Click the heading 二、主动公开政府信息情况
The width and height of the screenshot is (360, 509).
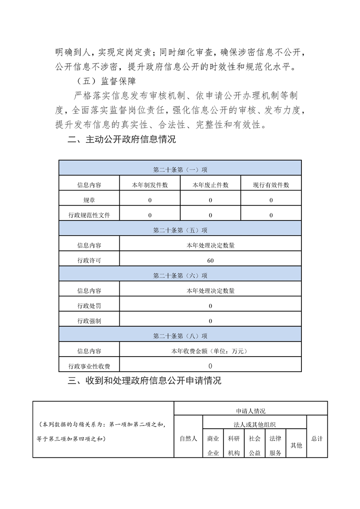pos(121,140)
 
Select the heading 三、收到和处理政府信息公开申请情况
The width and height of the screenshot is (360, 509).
pos(144,381)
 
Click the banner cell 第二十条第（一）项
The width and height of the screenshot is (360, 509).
pos(180,170)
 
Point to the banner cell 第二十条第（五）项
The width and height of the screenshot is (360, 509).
pos(180,230)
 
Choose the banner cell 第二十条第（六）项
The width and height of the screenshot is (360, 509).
pos(180,275)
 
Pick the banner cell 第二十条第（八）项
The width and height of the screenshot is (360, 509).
pos(180,336)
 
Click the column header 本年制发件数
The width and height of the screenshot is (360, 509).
pos(150,185)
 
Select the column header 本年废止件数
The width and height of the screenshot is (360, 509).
pos(210,185)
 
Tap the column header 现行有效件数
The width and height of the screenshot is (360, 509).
pos(271,185)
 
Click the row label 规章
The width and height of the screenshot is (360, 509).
pos(89,200)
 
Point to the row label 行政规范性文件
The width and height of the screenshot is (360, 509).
pos(89,215)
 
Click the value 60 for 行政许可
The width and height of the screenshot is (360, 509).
pos(210,260)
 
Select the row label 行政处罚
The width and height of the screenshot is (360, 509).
pos(89,306)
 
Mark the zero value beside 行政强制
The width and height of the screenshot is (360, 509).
pos(210,321)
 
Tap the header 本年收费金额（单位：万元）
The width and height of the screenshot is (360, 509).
pos(210,351)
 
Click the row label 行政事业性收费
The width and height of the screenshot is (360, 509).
pos(89,366)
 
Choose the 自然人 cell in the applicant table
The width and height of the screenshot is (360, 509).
pos(188,439)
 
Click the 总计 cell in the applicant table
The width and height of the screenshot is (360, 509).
pos(317,439)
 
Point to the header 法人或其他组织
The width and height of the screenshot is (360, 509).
pos(254,425)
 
